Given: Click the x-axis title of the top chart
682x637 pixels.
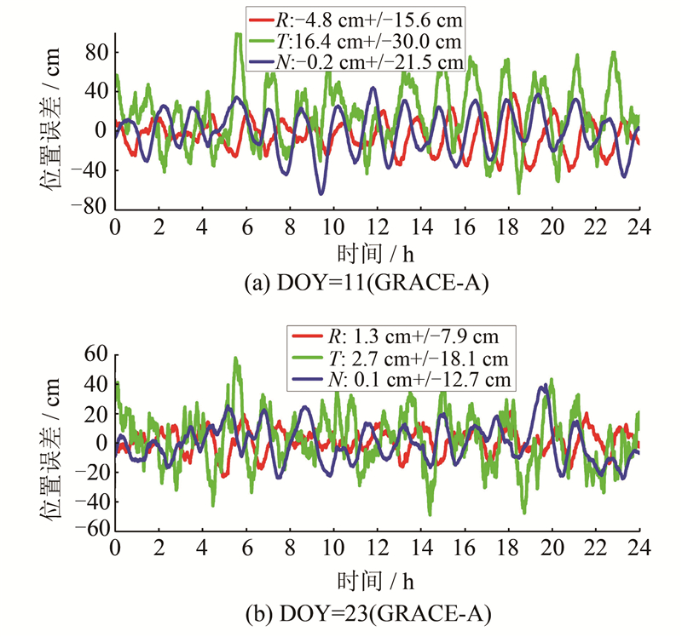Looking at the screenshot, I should (377, 254).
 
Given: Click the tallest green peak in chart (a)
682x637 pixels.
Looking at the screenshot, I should (238, 35).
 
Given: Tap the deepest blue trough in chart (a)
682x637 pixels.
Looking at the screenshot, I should (321, 193).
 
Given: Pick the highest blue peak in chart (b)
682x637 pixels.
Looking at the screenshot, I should (545, 386).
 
